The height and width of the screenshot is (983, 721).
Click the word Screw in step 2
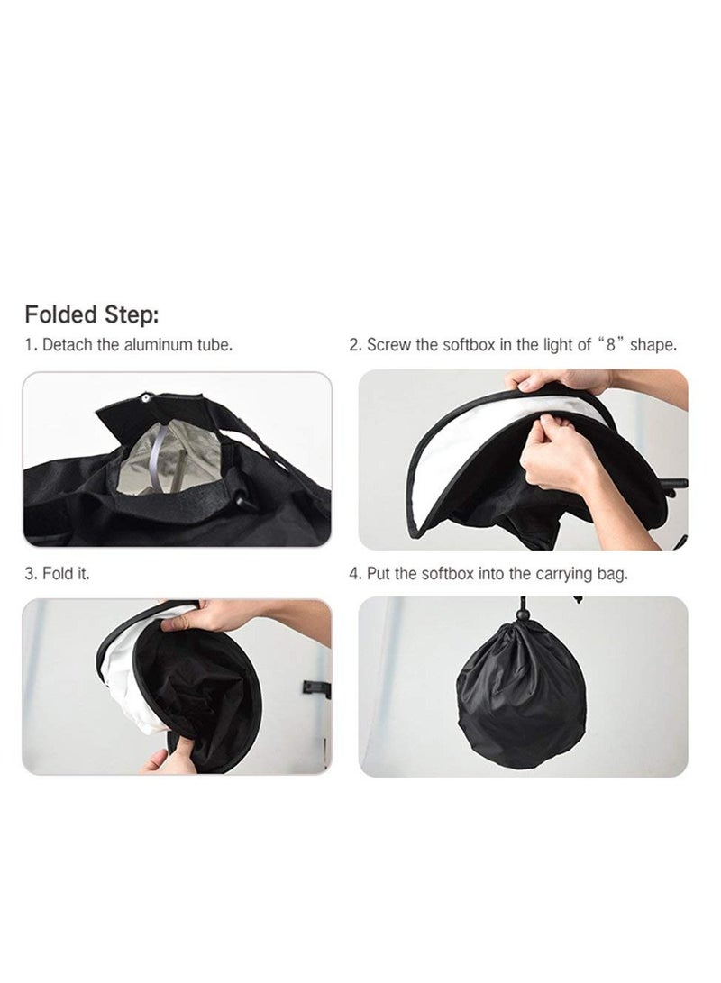388,345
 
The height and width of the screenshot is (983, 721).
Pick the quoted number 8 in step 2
610,345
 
